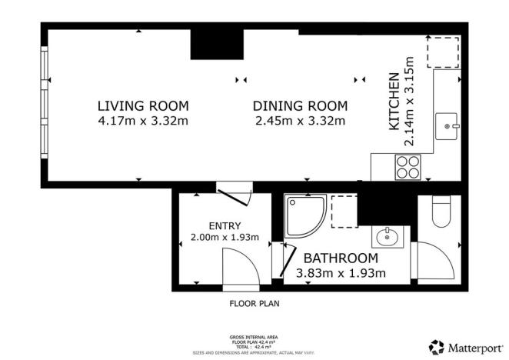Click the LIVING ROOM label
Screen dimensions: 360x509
(x=142, y=105)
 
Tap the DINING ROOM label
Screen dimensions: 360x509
(x=300, y=105)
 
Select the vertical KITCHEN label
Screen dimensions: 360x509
(x=393, y=100)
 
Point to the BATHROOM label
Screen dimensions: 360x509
(x=340, y=258)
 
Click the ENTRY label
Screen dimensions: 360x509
(x=225, y=225)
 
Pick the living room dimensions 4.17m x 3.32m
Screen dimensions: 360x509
(x=142, y=120)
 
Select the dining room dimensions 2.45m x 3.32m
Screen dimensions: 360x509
(x=300, y=120)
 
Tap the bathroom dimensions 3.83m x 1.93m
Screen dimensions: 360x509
(x=341, y=273)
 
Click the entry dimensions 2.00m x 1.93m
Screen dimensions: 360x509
(x=225, y=238)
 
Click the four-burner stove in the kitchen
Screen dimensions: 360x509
(x=408, y=167)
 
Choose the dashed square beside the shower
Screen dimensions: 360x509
(x=344, y=212)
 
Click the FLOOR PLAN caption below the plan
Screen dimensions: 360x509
(x=254, y=303)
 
